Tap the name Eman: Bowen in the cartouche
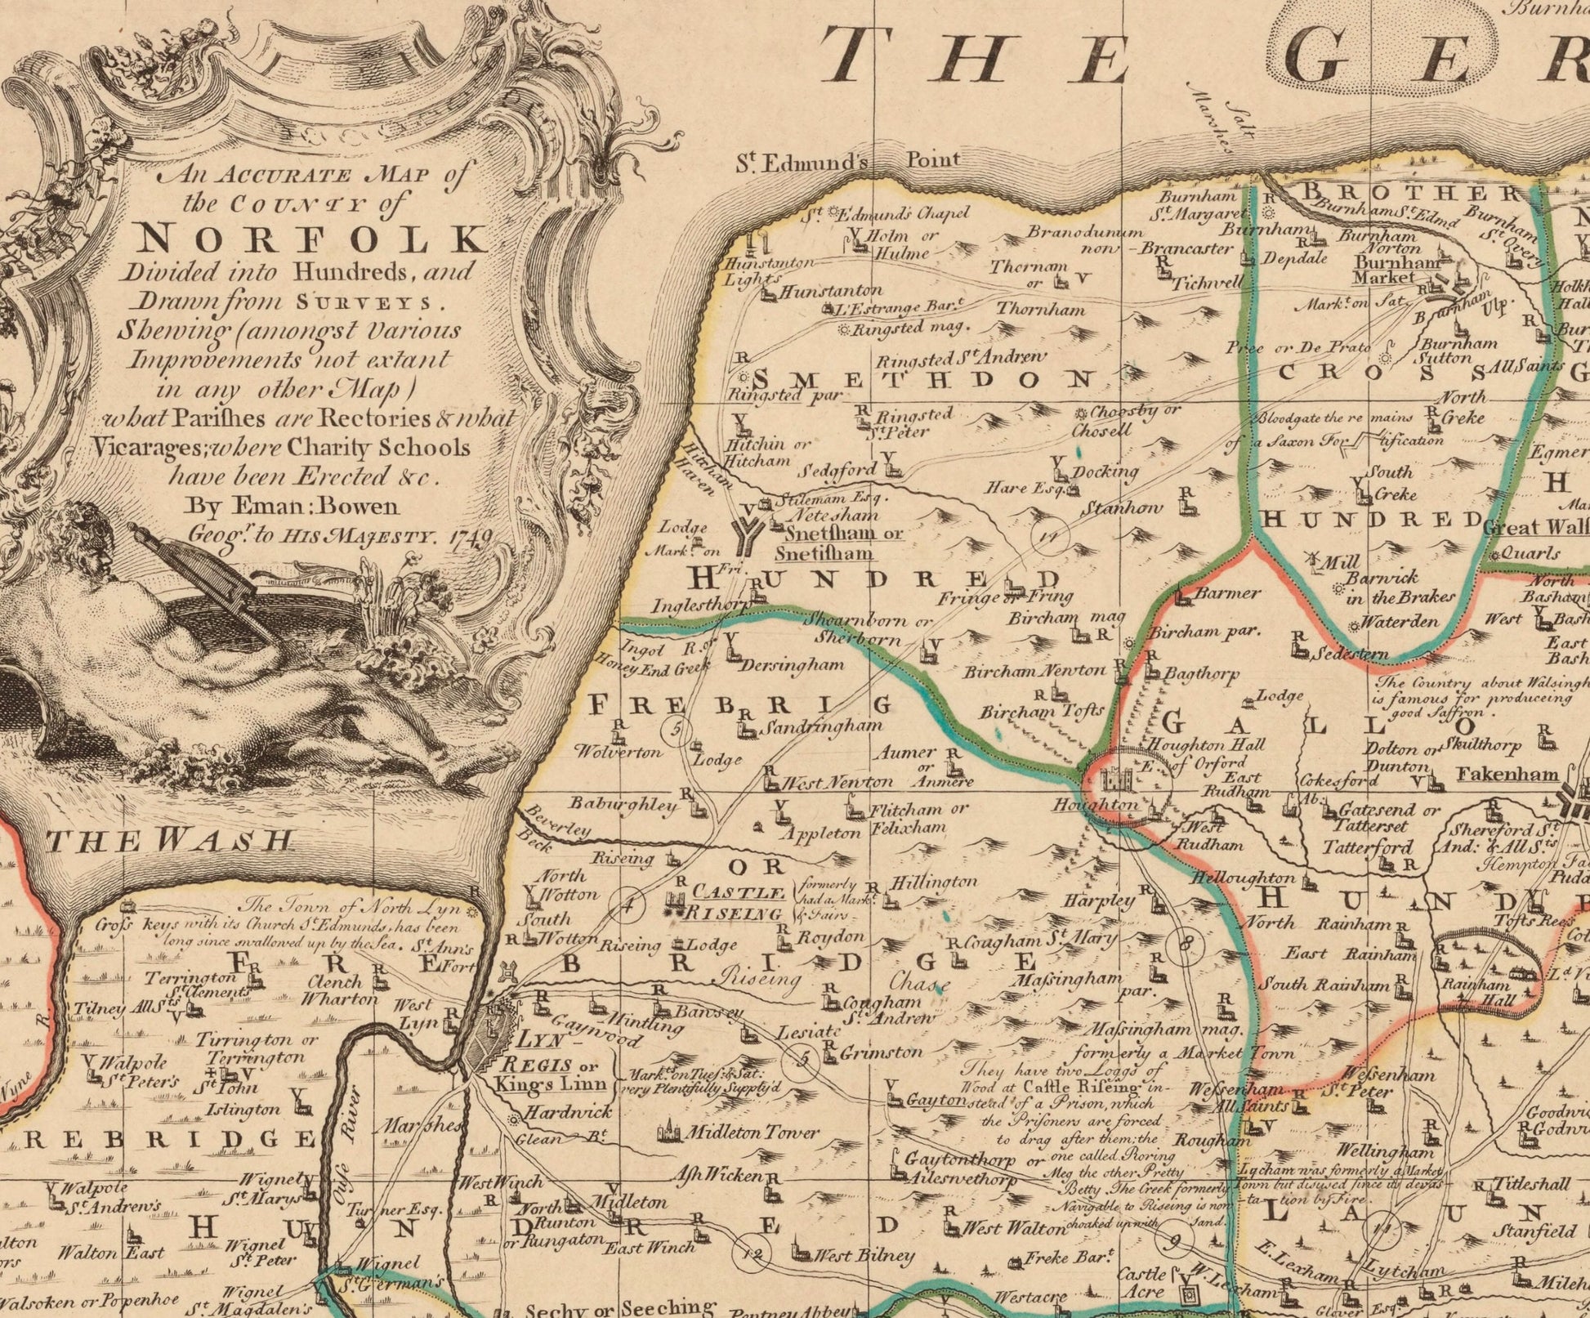coord(294,506)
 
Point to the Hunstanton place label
coord(831,291)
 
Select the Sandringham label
coord(824,726)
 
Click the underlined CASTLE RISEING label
coord(738,903)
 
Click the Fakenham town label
coord(1507,774)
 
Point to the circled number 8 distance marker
coord(1186,945)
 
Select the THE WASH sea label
coord(170,839)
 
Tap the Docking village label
coord(1105,471)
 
